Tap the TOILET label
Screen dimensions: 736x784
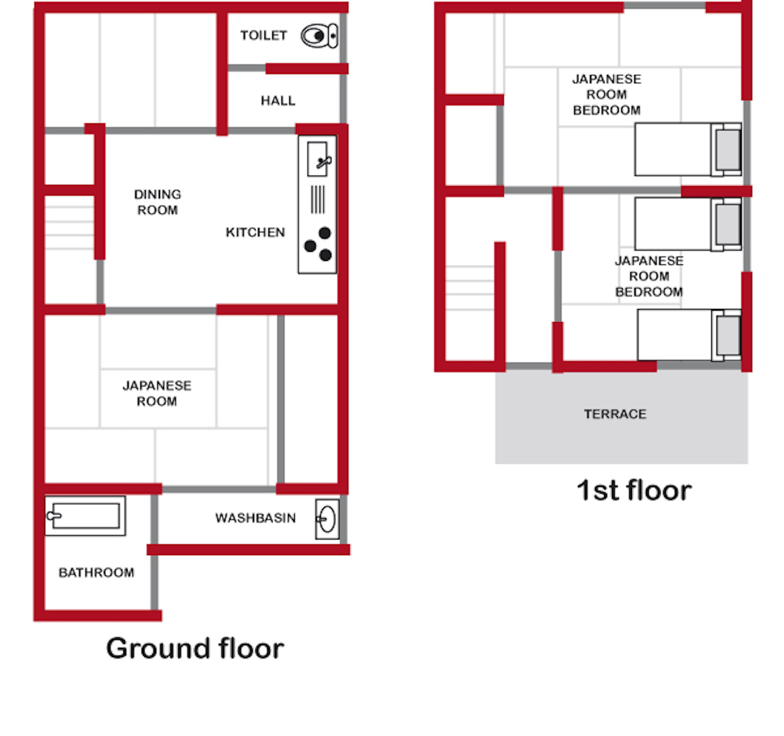point(263,36)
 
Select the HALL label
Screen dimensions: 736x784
point(278,100)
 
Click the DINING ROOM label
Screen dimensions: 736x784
point(157,202)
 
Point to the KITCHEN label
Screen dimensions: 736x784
point(255,232)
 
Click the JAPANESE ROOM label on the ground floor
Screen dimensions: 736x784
point(157,394)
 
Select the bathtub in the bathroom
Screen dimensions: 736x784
point(85,516)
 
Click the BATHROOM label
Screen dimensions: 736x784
point(96,573)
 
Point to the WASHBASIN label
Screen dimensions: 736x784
point(255,518)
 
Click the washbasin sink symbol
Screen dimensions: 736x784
point(327,520)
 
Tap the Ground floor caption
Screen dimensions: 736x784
point(195,649)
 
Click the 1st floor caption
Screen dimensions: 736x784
point(634,491)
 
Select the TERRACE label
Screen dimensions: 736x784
point(615,414)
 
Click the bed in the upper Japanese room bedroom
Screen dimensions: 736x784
point(687,149)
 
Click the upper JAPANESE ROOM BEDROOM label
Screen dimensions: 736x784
point(606,95)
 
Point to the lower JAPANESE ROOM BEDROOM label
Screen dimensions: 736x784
point(649,277)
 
